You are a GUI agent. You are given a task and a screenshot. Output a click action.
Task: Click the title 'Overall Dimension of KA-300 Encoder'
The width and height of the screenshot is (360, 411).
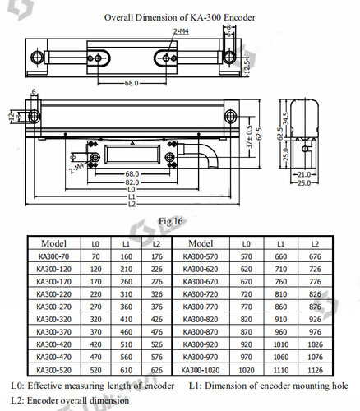click(179, 16)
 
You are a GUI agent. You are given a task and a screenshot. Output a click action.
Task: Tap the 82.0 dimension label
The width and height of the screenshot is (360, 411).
click(131, 182)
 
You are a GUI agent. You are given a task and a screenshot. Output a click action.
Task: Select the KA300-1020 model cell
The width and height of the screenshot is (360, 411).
click(202, 370)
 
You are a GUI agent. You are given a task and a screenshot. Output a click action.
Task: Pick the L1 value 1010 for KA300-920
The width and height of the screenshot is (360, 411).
click(280, 344)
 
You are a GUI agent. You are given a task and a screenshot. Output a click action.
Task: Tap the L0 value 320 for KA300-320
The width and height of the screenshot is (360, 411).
click(96, 319)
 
